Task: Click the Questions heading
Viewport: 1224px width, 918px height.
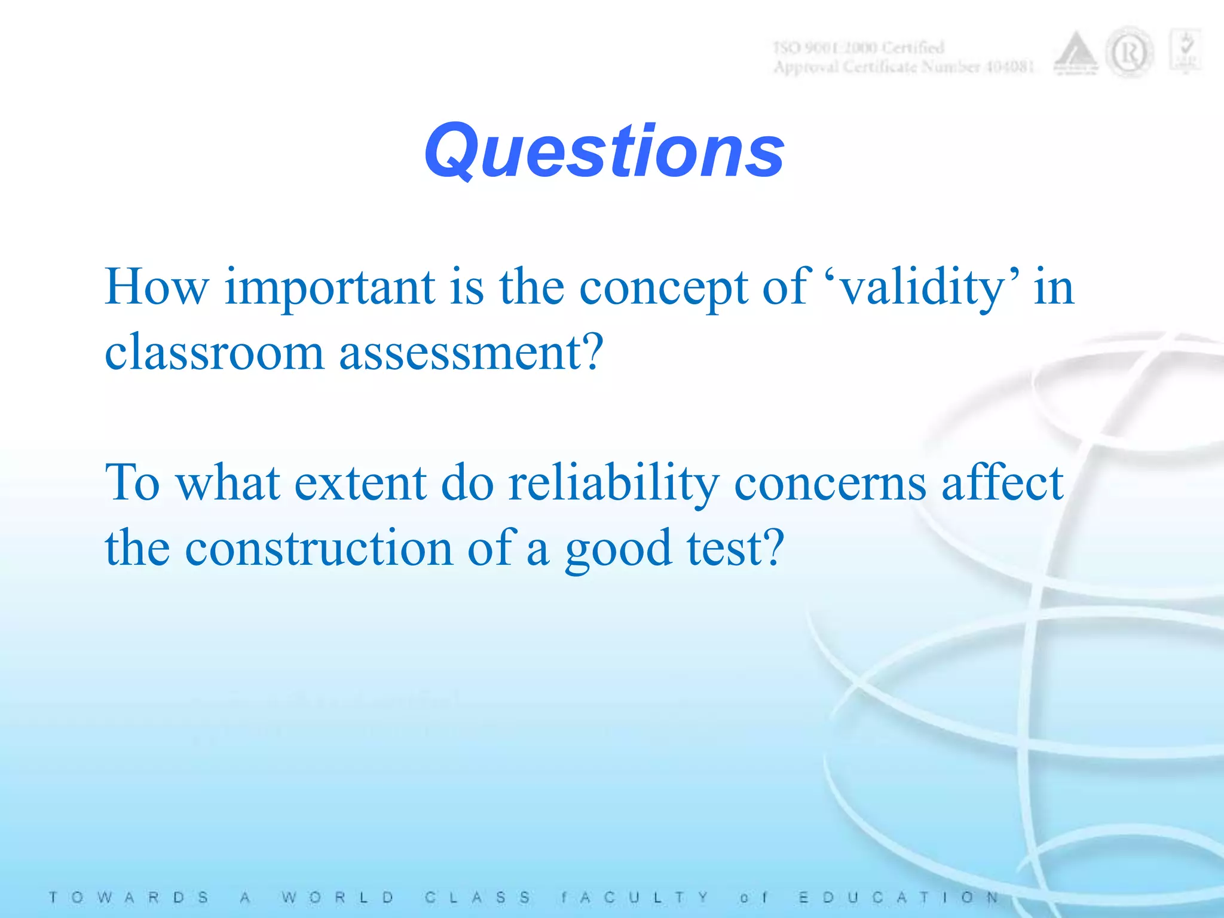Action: (x=604, y=151)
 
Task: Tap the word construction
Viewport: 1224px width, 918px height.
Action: (x=319, y=548)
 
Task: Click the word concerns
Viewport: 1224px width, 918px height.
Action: (x=830, y=483)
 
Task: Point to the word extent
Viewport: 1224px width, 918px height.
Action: (x=360, y=483)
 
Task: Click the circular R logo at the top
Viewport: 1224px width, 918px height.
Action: (x=1129, y=54)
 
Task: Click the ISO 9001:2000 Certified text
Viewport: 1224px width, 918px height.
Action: (x=858, y=47)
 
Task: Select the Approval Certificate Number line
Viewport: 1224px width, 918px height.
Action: (x=903, y=66)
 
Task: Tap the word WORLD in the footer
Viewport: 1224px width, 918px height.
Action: (x=338, y=897)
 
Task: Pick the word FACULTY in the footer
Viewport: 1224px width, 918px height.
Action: (x=634, y=897)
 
